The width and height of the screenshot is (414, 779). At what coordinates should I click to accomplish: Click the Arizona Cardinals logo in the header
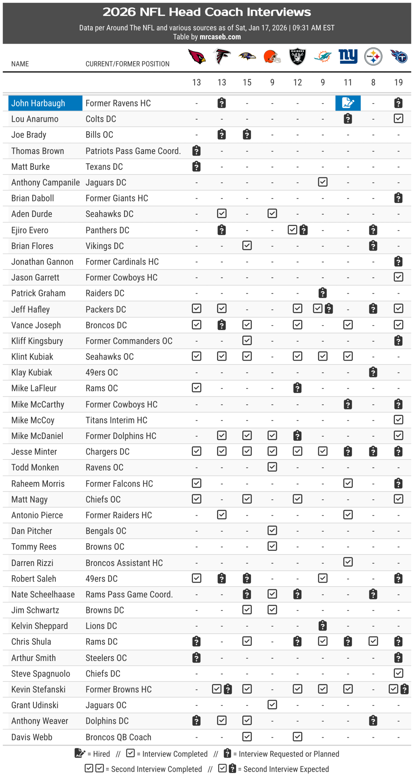point(197,56)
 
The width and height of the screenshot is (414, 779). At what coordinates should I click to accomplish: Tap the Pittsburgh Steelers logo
point(373,56)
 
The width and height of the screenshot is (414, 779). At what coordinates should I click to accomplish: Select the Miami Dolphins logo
point(323,56)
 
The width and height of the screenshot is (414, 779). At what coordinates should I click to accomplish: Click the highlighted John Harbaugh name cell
point(45,103)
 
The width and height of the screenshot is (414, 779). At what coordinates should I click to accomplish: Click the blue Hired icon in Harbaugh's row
point(348,103)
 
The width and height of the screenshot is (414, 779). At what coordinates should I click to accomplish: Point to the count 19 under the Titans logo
point(398,83)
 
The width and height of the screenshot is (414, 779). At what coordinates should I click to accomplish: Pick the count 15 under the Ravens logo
point(247,83)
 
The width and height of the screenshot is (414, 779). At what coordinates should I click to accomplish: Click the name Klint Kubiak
point(32,357)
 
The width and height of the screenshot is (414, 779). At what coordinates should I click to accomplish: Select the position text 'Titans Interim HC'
point(116,420)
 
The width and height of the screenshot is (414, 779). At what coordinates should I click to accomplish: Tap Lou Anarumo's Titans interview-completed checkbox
point(398,118)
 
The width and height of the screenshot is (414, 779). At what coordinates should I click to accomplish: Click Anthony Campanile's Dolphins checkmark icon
point(323,182)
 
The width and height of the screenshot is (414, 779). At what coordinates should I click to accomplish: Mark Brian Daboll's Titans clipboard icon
point(398,198)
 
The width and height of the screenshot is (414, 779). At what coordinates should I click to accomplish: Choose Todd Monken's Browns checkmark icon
point(272,467)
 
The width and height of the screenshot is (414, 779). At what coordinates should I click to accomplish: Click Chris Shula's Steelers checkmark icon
point(373,641)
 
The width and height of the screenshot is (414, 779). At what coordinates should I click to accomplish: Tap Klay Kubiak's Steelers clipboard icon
point(373,372)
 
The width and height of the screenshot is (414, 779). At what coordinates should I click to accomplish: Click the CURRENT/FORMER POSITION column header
point(127,64)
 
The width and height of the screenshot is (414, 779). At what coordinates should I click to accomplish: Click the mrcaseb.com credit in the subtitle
point(220,37)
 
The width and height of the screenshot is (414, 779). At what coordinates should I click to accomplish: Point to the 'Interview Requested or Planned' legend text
point(289,754)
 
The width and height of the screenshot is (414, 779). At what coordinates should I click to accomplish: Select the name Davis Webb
point(32,737)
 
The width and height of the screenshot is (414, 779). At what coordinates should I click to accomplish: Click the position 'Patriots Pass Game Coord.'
point(133,151)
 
